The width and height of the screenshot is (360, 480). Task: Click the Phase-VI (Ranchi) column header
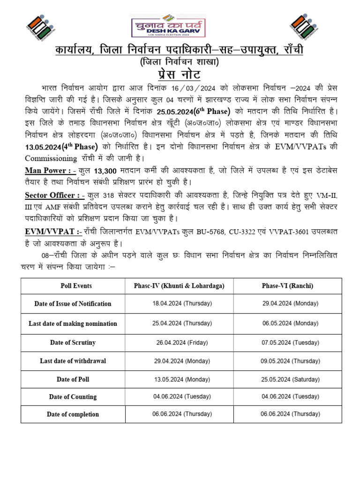(288, 285)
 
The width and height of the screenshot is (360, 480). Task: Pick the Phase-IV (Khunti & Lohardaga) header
(180, 285)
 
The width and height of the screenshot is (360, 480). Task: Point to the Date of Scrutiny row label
(73, 342)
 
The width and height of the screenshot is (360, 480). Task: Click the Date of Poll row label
(73, 379)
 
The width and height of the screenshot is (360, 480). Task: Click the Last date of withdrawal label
(73, 360)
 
